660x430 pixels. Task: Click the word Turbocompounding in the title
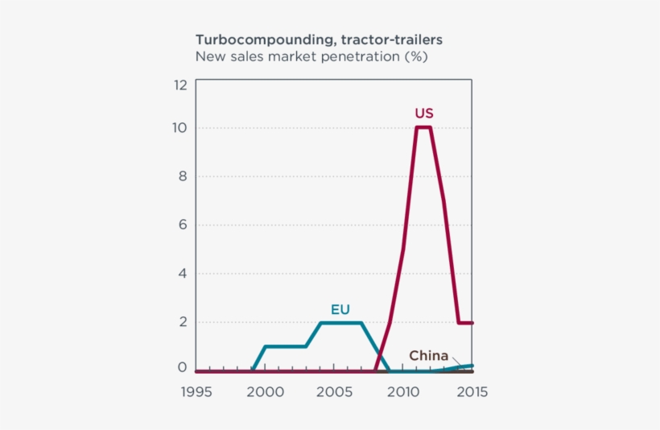[263, 39]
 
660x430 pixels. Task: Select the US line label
[424, 113]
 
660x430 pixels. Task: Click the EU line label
[340, 308]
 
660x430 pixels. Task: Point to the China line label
[428, 355]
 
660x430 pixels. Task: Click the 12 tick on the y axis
[179, 85]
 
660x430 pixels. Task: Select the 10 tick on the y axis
[179, 128]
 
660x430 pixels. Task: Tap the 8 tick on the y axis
[182, 176]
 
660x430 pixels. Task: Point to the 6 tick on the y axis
[182, 225]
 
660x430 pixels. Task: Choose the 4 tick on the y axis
[182, 273]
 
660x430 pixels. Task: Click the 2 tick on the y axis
[182, 321]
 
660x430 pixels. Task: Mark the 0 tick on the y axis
[182, 367]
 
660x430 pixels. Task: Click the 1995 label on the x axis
[196, 392]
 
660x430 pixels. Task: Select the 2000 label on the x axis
[266, 392]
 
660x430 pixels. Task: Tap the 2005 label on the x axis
[334, 392]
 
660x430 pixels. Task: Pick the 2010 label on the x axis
[403, 392]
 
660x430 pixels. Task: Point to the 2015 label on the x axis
[471, 392]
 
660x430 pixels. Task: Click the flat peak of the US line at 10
[423, 127]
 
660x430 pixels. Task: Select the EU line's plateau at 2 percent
[340, 323]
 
